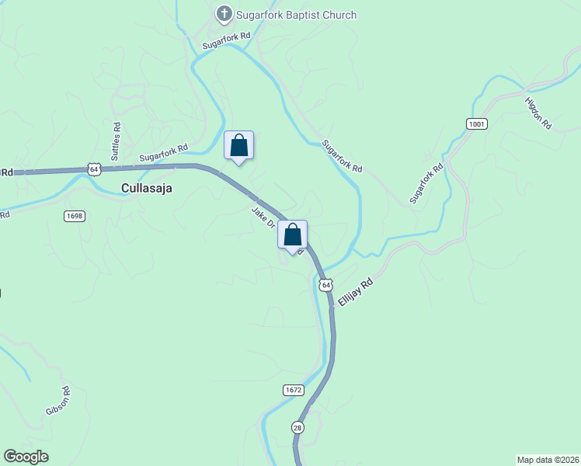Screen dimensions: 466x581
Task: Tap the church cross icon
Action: tap(224, 14)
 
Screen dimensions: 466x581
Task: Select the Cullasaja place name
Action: tap(147, 188)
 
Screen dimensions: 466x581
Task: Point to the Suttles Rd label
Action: tap(117, 141)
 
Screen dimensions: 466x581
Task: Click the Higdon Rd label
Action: tap(538, 113)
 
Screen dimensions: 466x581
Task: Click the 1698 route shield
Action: tap(75, 216)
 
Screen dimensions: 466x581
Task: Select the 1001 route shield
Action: tap(476, 123)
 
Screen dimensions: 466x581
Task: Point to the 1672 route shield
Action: tap(293, 389)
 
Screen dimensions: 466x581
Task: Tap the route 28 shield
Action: tap(298, 428)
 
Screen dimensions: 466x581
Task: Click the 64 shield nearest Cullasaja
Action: tap(94, 169)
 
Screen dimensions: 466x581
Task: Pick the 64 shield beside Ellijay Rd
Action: tap(325, 285)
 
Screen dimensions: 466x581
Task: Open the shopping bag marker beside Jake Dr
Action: tap(292, 235)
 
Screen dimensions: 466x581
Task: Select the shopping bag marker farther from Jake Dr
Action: tap(238, 145)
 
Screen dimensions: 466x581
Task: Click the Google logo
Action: tap(26, 457)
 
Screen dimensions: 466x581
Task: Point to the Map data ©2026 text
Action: tap(548, 459)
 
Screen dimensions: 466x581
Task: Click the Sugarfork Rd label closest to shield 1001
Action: tap(426, 183)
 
